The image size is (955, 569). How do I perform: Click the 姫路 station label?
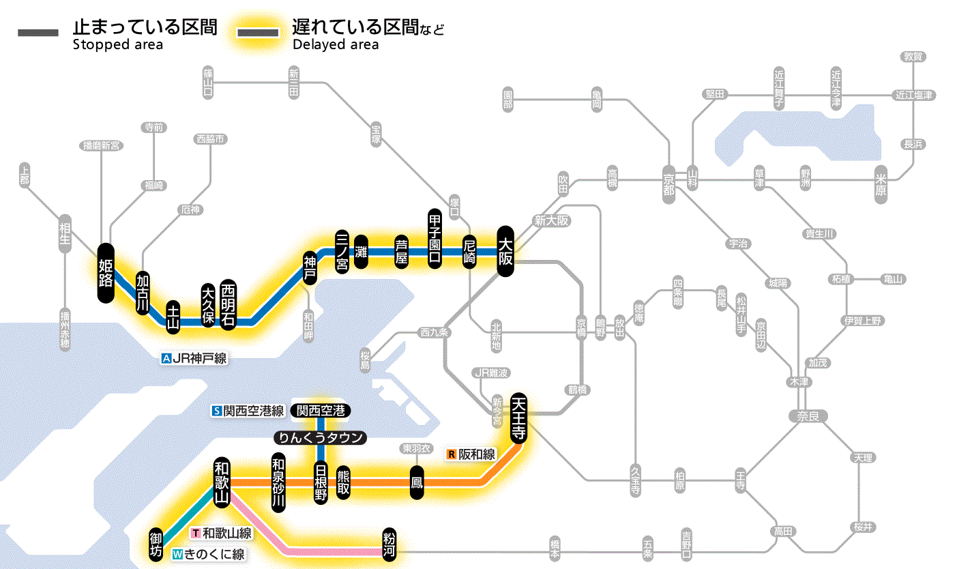click(x=106, y=273)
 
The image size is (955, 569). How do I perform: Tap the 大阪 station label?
click(x=505, y=251)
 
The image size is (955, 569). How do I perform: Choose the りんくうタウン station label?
click(x=320, y=438)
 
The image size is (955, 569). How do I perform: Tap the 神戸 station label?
click(x=310, y=267)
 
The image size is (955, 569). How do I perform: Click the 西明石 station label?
click(x=228, y=304)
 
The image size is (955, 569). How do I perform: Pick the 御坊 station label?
click(x=156, y=544)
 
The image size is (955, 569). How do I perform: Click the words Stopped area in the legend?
click(x=117, y=45)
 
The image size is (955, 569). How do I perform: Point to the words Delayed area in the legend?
click(x=336, y=45)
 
